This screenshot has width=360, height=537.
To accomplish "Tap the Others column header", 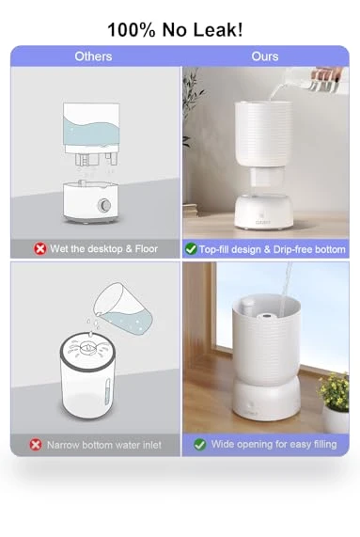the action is point(93,56).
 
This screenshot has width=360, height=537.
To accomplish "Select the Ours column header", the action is point(265,56).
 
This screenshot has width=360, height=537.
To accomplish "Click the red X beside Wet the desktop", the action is point(39,249).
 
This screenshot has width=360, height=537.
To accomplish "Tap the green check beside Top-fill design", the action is point(191,249).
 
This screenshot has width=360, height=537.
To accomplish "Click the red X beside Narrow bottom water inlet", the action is point(36,445).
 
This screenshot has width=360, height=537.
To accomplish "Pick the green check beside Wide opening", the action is point(200,445).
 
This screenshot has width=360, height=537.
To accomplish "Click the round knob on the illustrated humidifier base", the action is point(104,205).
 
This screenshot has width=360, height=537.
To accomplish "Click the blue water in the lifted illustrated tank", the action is point(91,131).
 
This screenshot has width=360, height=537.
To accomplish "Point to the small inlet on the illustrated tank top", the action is point(88,348).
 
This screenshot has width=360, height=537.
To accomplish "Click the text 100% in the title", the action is point(132,30).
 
